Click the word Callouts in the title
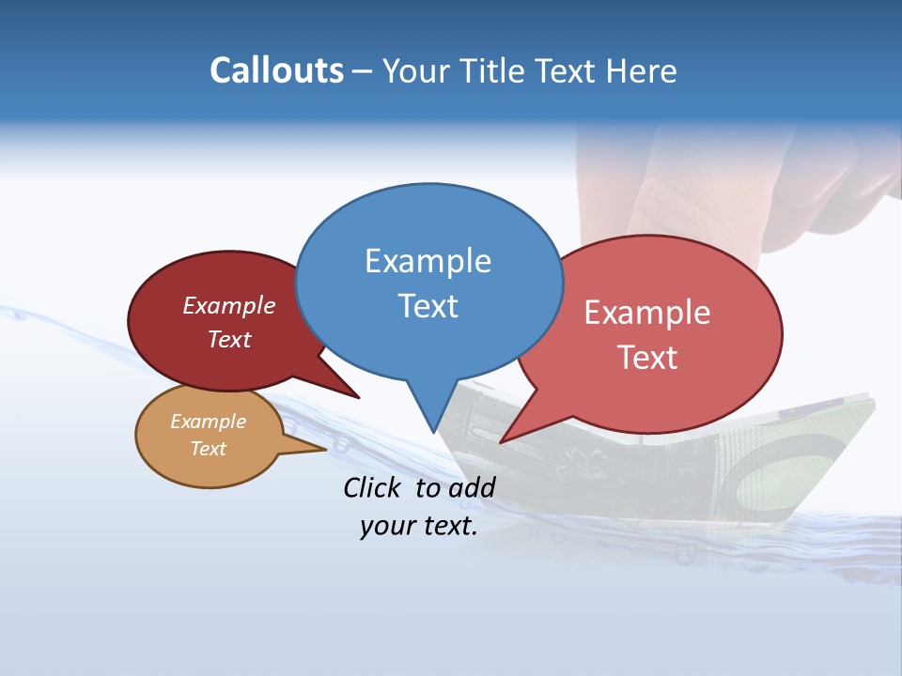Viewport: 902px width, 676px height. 276,70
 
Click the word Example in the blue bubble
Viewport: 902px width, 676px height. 428,260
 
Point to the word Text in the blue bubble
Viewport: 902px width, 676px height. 428,305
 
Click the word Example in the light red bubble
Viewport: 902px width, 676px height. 647,313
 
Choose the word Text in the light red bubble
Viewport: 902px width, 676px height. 647,358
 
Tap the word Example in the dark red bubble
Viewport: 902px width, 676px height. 229,305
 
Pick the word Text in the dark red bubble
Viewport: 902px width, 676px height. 229,339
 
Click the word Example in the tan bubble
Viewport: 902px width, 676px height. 209,422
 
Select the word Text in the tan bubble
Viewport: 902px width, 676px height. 209,449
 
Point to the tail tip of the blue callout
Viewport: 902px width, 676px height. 433,432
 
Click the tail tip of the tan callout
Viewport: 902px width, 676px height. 325,449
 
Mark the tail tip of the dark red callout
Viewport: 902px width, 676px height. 359,397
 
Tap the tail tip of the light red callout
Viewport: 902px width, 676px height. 501,442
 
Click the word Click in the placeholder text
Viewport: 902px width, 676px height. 373,487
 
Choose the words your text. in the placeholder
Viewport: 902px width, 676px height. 419,526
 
